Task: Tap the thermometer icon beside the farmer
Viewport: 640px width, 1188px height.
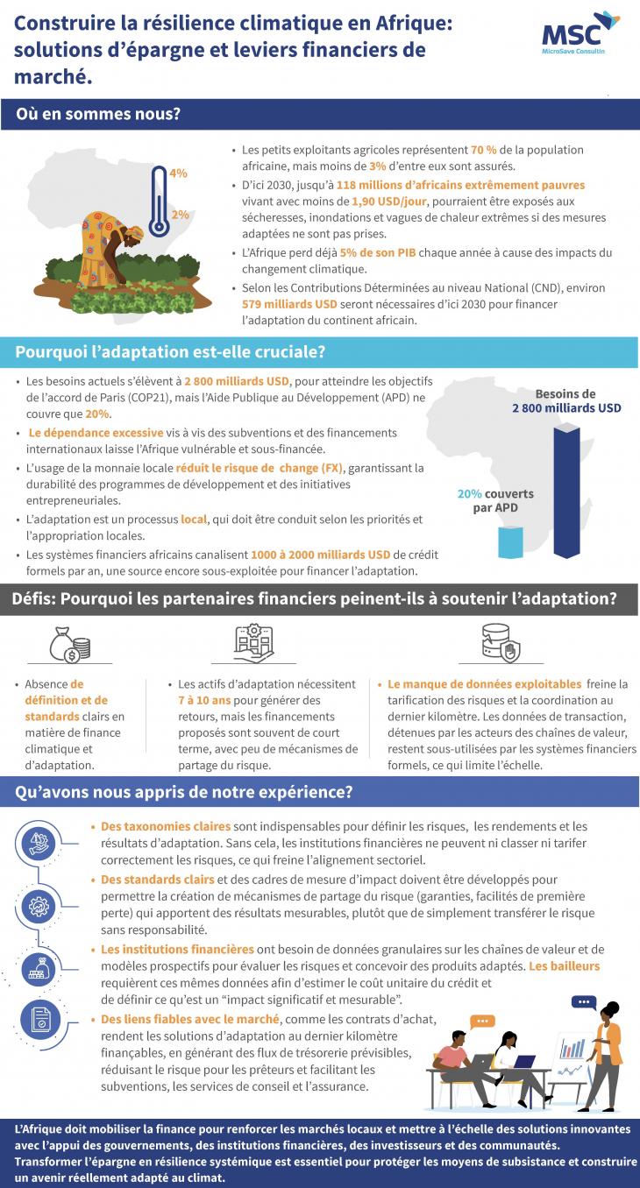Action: (x=158, y=202)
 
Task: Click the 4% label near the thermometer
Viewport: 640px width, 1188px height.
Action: (x=179, y=173)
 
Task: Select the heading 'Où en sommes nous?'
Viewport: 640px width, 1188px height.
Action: (x=97, y=115)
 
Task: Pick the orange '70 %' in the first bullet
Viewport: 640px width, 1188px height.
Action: (x=485, y=150)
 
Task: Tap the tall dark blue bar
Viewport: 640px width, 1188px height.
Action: (x=565, y=491)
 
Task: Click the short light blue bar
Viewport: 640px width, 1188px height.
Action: (x=509, y=542)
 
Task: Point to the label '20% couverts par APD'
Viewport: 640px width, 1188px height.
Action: (x=495, y=500)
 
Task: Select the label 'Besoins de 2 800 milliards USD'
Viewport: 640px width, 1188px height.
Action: (x=566, y=401)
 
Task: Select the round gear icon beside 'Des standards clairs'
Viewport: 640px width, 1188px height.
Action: (x=39, y=902)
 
